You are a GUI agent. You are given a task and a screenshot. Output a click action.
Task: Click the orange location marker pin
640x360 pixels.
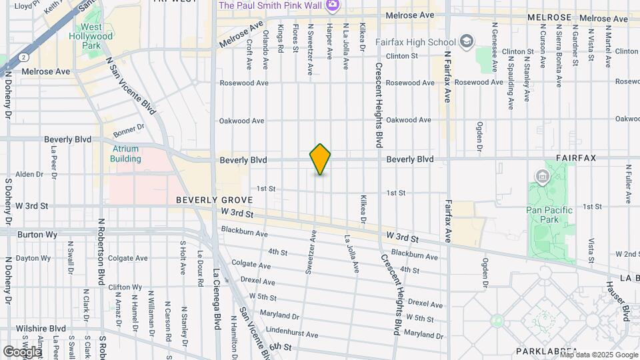[x=320, y=159]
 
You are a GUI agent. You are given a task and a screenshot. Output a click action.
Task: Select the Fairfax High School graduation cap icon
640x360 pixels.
[x=467, y=42]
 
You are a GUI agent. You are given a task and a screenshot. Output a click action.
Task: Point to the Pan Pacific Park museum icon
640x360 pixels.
[x=542, y=177]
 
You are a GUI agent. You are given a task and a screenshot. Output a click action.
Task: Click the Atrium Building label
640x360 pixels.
[x=125, y=154]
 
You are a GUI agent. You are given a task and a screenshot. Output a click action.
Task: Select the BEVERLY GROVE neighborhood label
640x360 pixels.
[x=214, y=200]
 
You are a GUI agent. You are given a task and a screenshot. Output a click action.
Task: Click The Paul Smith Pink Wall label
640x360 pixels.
[x=271, y=5]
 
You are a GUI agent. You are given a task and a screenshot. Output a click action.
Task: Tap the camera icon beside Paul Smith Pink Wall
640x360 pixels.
[x=333, y=5]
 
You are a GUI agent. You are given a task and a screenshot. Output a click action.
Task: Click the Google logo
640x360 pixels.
[x=22, y=351]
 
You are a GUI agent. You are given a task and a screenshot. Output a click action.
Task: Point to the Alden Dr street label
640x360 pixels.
[x=29, y=174]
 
